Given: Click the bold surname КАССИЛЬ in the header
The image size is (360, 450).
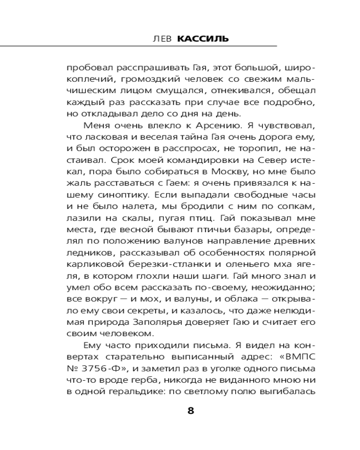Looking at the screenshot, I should [203, 39].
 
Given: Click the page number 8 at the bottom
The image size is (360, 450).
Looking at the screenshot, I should [190, 411].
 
